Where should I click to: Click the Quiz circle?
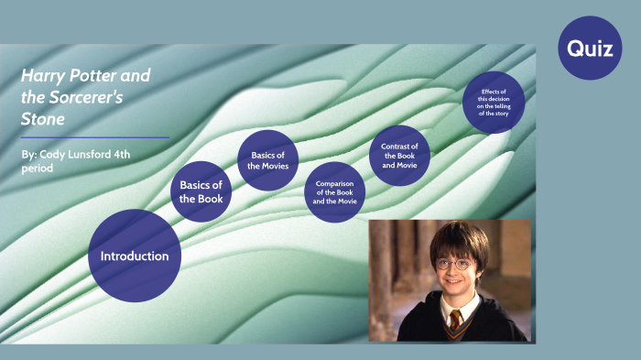590,49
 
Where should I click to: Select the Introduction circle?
135,256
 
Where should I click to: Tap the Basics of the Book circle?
201,191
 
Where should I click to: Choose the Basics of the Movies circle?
268,160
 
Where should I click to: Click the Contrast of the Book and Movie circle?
400,156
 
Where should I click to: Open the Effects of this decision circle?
494,102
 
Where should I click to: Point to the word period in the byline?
38,169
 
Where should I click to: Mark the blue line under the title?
95,137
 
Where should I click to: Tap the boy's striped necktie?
455,321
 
